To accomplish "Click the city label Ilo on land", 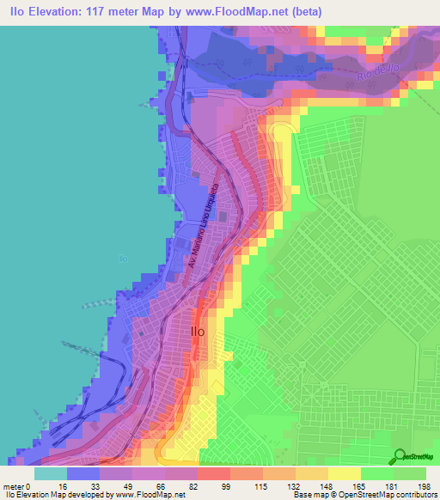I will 197,331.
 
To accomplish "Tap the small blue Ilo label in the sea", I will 124,257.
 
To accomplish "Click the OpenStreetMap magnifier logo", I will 400,457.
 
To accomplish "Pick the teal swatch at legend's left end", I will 50,473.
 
